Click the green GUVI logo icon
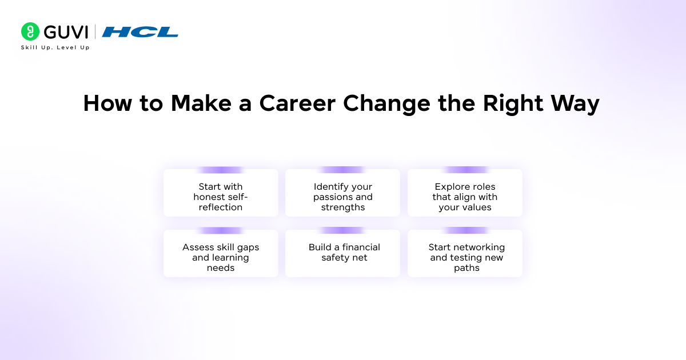30,31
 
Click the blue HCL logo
140,32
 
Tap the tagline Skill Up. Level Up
55,47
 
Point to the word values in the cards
478,207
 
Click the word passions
334,197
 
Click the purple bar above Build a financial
342,230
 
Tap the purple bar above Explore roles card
465,170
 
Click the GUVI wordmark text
65,32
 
